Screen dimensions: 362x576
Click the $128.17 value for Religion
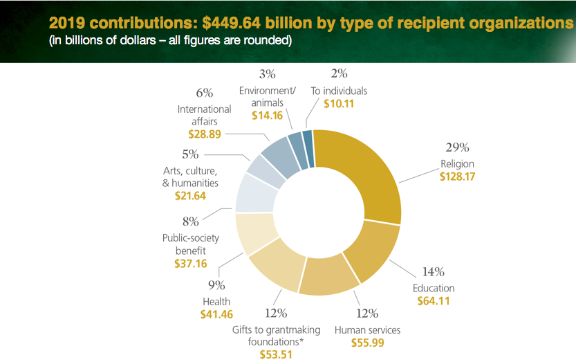[x=458, y=177]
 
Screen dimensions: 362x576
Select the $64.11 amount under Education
[x=434, y=300]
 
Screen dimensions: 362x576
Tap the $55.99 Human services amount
[x=368, y=342]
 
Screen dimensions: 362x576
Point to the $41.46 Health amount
[x=216, y=314]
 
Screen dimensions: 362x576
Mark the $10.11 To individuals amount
[x=339, y=104]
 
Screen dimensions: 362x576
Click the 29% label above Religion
[x=458, y=147]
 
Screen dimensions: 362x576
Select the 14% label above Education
[x=434, y=271]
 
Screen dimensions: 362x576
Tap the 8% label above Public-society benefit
[x=190, y=221]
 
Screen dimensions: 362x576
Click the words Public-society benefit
[x=190, y=244]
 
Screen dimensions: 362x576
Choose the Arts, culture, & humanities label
[x=190, y=177]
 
